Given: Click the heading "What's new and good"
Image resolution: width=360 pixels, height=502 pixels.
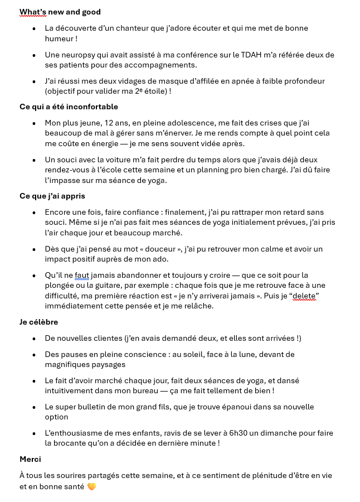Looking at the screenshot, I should tap(60, 12).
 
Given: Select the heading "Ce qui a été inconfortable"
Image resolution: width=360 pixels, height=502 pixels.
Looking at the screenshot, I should tap(69, 107).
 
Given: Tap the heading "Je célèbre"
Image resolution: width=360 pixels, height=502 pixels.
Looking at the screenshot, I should tap(39, 322).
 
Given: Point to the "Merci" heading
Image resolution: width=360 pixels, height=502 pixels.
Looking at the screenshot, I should tap(31, 459).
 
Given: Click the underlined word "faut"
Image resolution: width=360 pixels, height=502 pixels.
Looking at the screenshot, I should tap(82, 276).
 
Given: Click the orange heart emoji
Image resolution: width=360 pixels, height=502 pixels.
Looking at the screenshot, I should tap(92, 486).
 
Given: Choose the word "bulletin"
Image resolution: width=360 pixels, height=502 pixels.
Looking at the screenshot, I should tap(98, 407).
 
